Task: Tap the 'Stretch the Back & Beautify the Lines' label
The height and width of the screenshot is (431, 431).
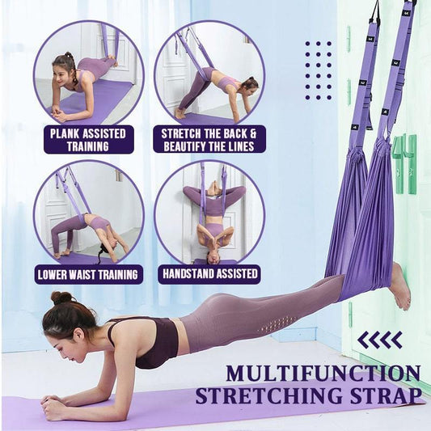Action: coord(208,139)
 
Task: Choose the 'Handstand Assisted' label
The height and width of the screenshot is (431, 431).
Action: coord(209,273)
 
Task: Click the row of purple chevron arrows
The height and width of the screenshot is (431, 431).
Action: coord(380,340)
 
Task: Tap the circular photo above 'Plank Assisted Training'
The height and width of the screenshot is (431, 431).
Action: coord(88,74)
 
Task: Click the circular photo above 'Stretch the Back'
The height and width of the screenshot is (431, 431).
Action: coord(209,74)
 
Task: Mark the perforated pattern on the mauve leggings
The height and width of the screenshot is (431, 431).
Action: coord(282,323)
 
